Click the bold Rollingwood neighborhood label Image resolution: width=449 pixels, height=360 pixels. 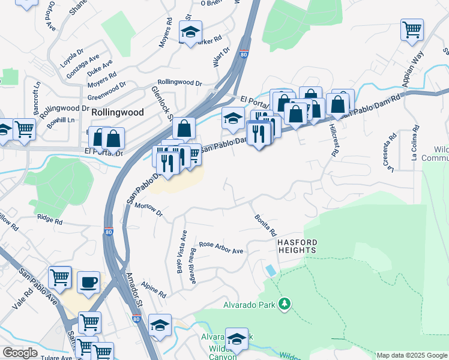(118, 112)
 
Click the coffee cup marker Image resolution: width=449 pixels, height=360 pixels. (89, 282)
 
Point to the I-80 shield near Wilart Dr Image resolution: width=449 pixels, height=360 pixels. (243, 54)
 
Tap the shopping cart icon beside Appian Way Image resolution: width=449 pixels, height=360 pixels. (412, 29)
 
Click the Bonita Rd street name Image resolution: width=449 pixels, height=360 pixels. (265, 224)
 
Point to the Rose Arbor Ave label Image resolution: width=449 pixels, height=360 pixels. (221, 247)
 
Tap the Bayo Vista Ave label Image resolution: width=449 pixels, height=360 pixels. (181, 252)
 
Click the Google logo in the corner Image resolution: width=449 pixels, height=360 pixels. (19, 353)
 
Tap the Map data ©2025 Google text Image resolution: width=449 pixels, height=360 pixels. (411, 355)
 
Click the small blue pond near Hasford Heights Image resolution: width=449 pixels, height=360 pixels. (271, 270)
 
